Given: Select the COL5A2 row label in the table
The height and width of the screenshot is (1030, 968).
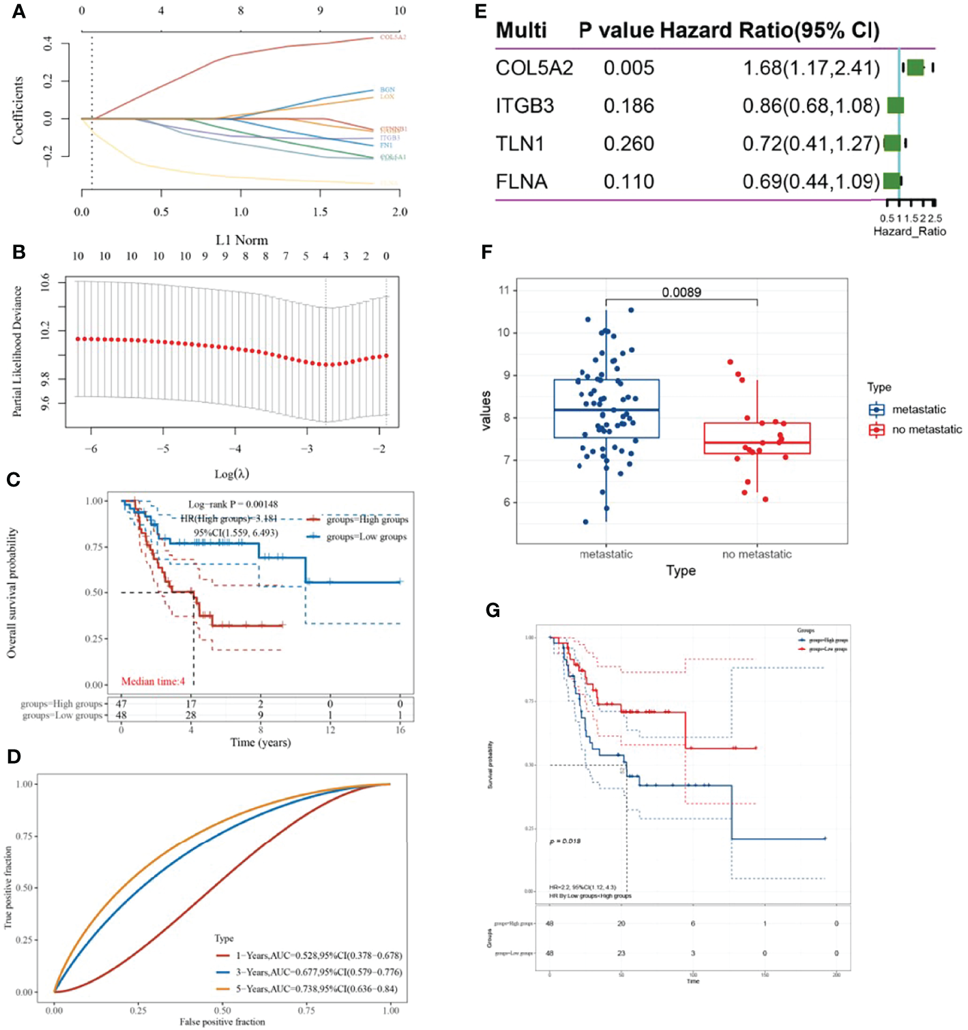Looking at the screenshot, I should pos(534,68).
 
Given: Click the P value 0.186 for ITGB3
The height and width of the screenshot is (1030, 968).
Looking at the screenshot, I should pos(628,106).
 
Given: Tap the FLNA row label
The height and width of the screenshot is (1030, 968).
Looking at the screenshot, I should pos(521,182).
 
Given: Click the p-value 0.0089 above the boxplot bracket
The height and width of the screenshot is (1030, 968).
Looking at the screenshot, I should pos(681,292).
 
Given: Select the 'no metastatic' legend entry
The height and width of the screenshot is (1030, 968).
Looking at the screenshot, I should pos(926,429).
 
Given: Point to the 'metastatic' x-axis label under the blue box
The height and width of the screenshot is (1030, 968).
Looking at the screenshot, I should pos(606,554).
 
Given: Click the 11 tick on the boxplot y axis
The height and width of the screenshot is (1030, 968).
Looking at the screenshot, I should pos(504,290).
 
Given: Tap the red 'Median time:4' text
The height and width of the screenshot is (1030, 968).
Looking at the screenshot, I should pos(153,681).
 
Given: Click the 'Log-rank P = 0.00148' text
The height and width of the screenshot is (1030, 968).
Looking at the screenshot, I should pos(233,504).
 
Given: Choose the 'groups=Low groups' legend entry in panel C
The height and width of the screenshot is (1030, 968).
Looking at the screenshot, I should pos(366,537).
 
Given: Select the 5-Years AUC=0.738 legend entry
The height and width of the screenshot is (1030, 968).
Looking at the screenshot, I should pos(317,989).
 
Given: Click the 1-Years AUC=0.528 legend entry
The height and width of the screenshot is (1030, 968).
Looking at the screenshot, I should pos(319,956).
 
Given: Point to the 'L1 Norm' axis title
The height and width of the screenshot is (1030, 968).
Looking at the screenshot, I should pos(241,240).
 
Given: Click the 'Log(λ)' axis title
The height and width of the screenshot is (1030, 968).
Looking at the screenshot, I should pos(232,474).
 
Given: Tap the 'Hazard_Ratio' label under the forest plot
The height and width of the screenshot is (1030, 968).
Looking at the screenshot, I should pos(909,231).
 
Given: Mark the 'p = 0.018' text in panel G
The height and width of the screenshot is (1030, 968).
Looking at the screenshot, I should pos(565,841).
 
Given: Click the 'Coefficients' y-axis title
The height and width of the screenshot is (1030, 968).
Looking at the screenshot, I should pos(18,110).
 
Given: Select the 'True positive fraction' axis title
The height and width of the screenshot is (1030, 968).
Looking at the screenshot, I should pos(8,887).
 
